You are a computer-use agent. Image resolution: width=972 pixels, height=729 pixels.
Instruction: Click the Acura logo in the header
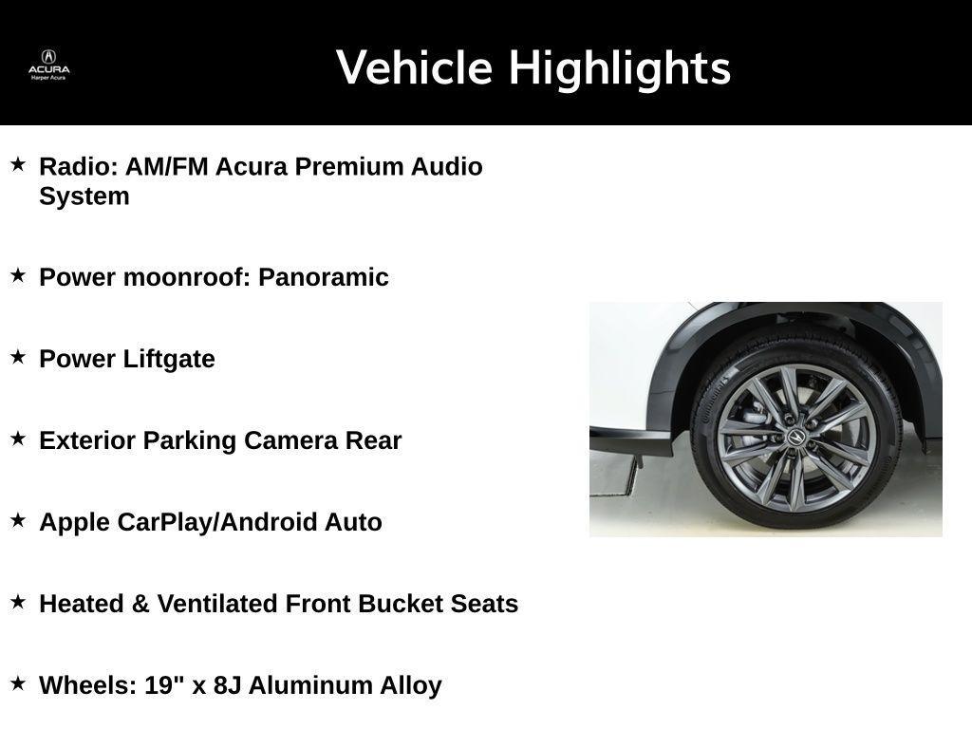[x=48, y=64]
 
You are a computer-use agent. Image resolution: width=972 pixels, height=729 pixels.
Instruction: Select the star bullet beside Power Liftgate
[x=18, y=357]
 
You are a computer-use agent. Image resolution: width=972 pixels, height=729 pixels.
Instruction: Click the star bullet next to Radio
[x=18, y=164]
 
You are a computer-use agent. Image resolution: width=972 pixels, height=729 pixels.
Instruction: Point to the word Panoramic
[x=324, y=277]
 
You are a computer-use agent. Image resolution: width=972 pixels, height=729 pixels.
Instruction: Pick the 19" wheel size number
[x=164, y=684]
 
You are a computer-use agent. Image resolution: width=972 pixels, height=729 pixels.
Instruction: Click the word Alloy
[x=411, y=685]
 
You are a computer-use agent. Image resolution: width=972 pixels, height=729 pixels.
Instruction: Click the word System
[x=84, y=196]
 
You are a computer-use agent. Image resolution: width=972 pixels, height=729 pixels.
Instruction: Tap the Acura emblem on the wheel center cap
[x=795, y=436]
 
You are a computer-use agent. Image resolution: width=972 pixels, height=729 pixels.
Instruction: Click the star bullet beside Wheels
[x=18, y=682]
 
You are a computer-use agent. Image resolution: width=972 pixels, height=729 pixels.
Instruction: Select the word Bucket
[x=399, y=604]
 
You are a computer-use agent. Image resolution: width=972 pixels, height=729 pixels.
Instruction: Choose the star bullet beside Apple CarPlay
[x=18, y=520]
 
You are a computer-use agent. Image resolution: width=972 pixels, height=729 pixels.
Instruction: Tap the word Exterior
[x=87, y=440]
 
